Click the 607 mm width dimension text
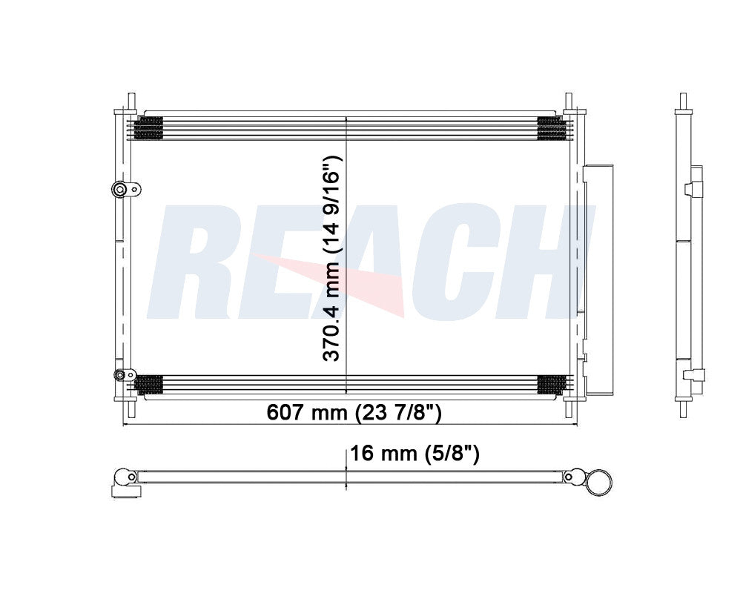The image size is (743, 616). pos(354,412)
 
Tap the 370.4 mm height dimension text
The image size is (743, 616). pos(331,258)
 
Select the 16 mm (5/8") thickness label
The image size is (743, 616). pos(415,454)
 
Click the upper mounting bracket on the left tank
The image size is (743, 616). pos(126,190)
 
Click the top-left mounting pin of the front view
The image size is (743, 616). pos(131,102)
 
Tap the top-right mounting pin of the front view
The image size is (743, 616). pos(569,102)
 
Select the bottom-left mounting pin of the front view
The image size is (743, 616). pos(131,408)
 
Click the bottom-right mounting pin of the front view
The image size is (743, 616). pos(569,408)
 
